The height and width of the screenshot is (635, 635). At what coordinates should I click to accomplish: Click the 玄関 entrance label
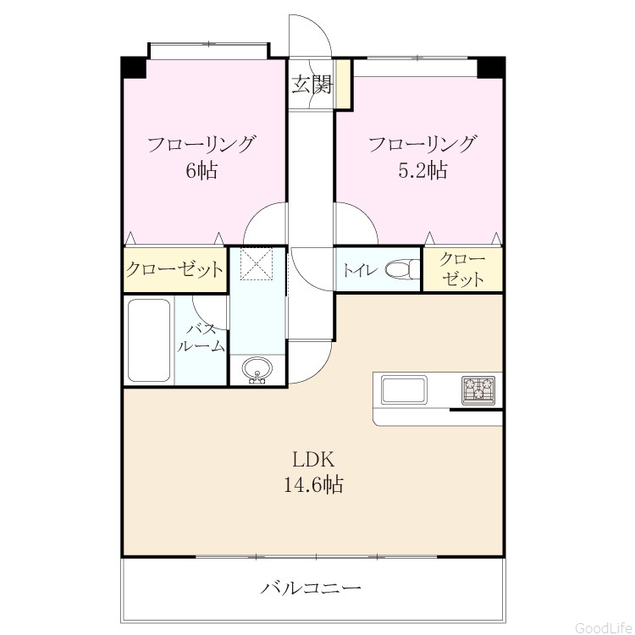tap(312, 85)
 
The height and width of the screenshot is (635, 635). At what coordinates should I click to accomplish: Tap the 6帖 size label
tap(202, 170)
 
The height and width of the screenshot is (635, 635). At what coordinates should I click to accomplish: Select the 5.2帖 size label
tap(423, 170)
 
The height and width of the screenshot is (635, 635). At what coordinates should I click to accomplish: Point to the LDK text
tap(313, 460)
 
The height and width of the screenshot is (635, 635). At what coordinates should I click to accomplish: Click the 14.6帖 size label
tap(313, 484)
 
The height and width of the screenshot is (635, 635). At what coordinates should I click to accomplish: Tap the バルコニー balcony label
tap(311, 588)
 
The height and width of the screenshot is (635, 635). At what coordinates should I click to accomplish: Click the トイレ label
tap(360, 270)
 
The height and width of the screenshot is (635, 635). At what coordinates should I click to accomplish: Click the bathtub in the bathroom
tap(149, 340)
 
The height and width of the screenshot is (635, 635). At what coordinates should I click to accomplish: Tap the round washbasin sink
tap(257, 369)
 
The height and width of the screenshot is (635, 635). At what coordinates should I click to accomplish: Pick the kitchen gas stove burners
tap(478, 390)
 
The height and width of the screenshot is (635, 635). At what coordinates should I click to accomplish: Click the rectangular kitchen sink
tap(404, 389)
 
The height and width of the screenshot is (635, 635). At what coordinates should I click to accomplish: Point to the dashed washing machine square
tap(257, 263)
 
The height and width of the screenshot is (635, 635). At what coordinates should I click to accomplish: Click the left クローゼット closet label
tap(174, 269)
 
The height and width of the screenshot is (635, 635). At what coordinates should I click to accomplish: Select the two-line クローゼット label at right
tap(462, 269)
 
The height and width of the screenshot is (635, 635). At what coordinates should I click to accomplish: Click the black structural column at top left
tap(134, 68)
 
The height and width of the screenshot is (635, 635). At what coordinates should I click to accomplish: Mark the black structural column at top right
tap(491, 68)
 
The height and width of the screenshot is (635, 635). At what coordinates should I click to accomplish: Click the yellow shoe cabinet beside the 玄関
tap(344, 84)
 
